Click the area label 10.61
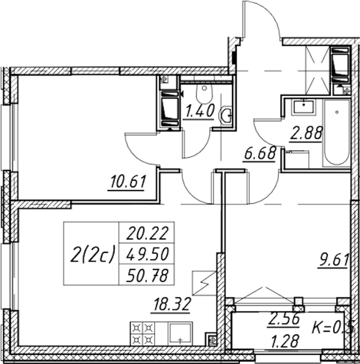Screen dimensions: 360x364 [128, 182]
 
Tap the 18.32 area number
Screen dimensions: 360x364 [172, 304]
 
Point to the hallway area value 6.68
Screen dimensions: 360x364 [260, 153]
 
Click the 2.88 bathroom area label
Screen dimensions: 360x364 [306, 133]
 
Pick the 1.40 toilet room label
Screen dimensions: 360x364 [200, 111]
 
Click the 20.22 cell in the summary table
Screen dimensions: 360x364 [147, 233]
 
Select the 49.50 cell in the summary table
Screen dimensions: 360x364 [147, 254]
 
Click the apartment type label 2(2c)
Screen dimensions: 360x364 [93, 254]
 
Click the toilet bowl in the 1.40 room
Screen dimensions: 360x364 [204, 94]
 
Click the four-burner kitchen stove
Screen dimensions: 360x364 [143, 334]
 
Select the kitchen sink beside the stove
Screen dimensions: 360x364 [180, 334]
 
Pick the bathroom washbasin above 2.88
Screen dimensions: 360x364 [304, 107]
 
